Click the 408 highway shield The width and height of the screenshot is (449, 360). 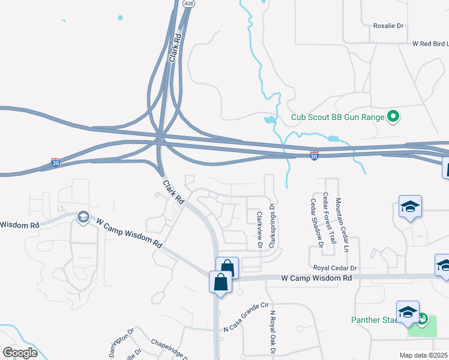188,4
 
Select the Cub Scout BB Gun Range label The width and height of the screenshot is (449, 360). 337,117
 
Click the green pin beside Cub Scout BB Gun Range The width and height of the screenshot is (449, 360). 393,116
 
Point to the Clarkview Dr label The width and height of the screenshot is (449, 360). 260,230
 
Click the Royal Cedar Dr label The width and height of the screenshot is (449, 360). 334,267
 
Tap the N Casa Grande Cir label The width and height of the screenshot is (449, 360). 245,318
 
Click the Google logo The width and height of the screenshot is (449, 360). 20,353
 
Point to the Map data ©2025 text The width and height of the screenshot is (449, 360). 424,355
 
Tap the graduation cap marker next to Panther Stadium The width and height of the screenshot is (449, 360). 407,313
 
